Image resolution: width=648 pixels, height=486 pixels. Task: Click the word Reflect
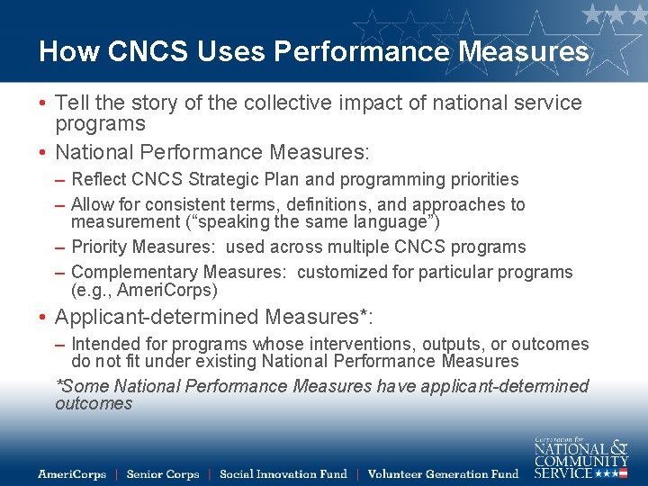[99, 179]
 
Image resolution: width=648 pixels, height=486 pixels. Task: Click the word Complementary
[134, 272]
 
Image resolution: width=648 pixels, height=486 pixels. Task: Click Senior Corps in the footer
[162, 474]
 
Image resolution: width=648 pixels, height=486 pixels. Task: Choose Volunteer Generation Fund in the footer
[443, 474]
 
